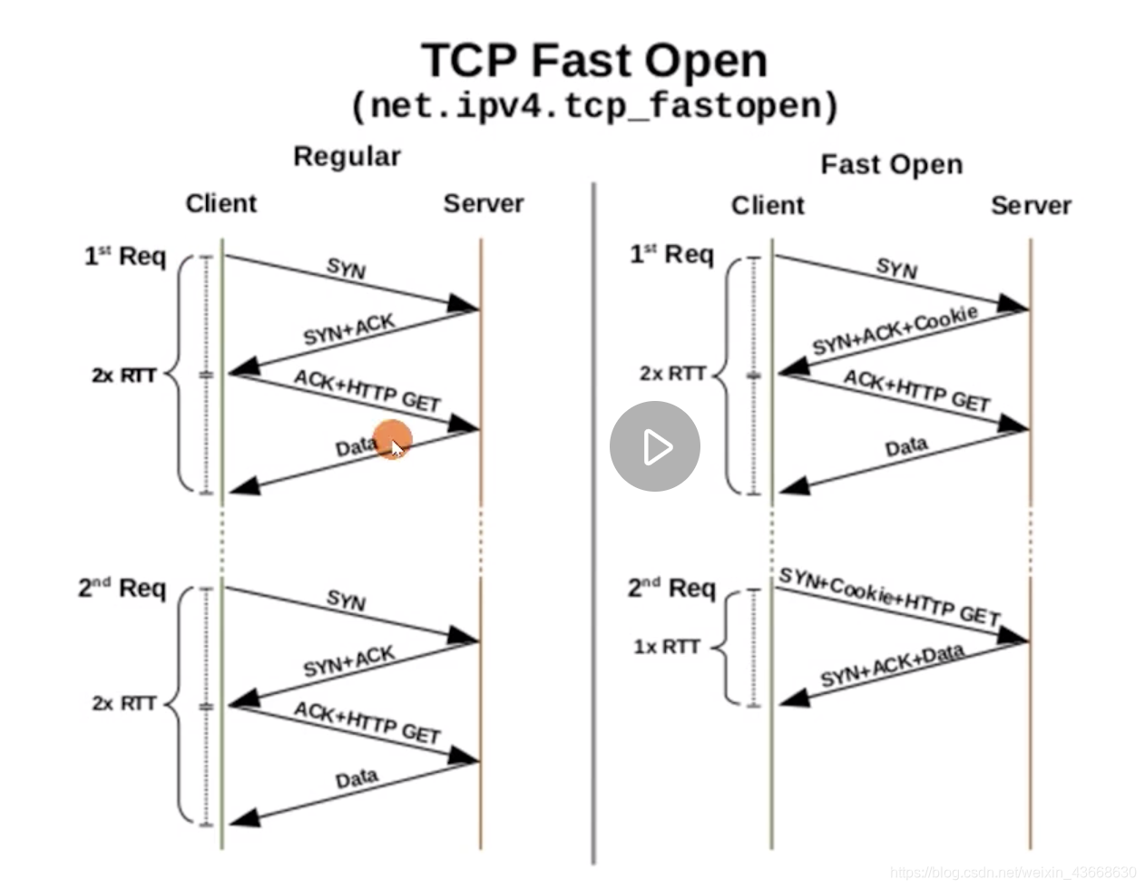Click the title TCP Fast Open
tap(594, 61)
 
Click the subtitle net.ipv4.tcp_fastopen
tap(594, 106)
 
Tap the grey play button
tap(654, 446)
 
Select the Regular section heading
tap(347, 156)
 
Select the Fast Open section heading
tap(891, 164)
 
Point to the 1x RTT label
tap(667, 647)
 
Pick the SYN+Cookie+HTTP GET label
tap(889, 597)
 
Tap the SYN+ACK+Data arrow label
tap(892, 666)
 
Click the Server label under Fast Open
tap(1031, 206)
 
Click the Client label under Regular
tap(221, 203)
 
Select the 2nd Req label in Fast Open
tap(671, 589)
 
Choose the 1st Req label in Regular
tap(125, 257)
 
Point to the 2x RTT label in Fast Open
tap(672, 373)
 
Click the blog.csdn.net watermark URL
tap(1013, 872)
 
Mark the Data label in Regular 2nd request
tap(357, 778)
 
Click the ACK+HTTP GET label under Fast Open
tap(916, 391)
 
